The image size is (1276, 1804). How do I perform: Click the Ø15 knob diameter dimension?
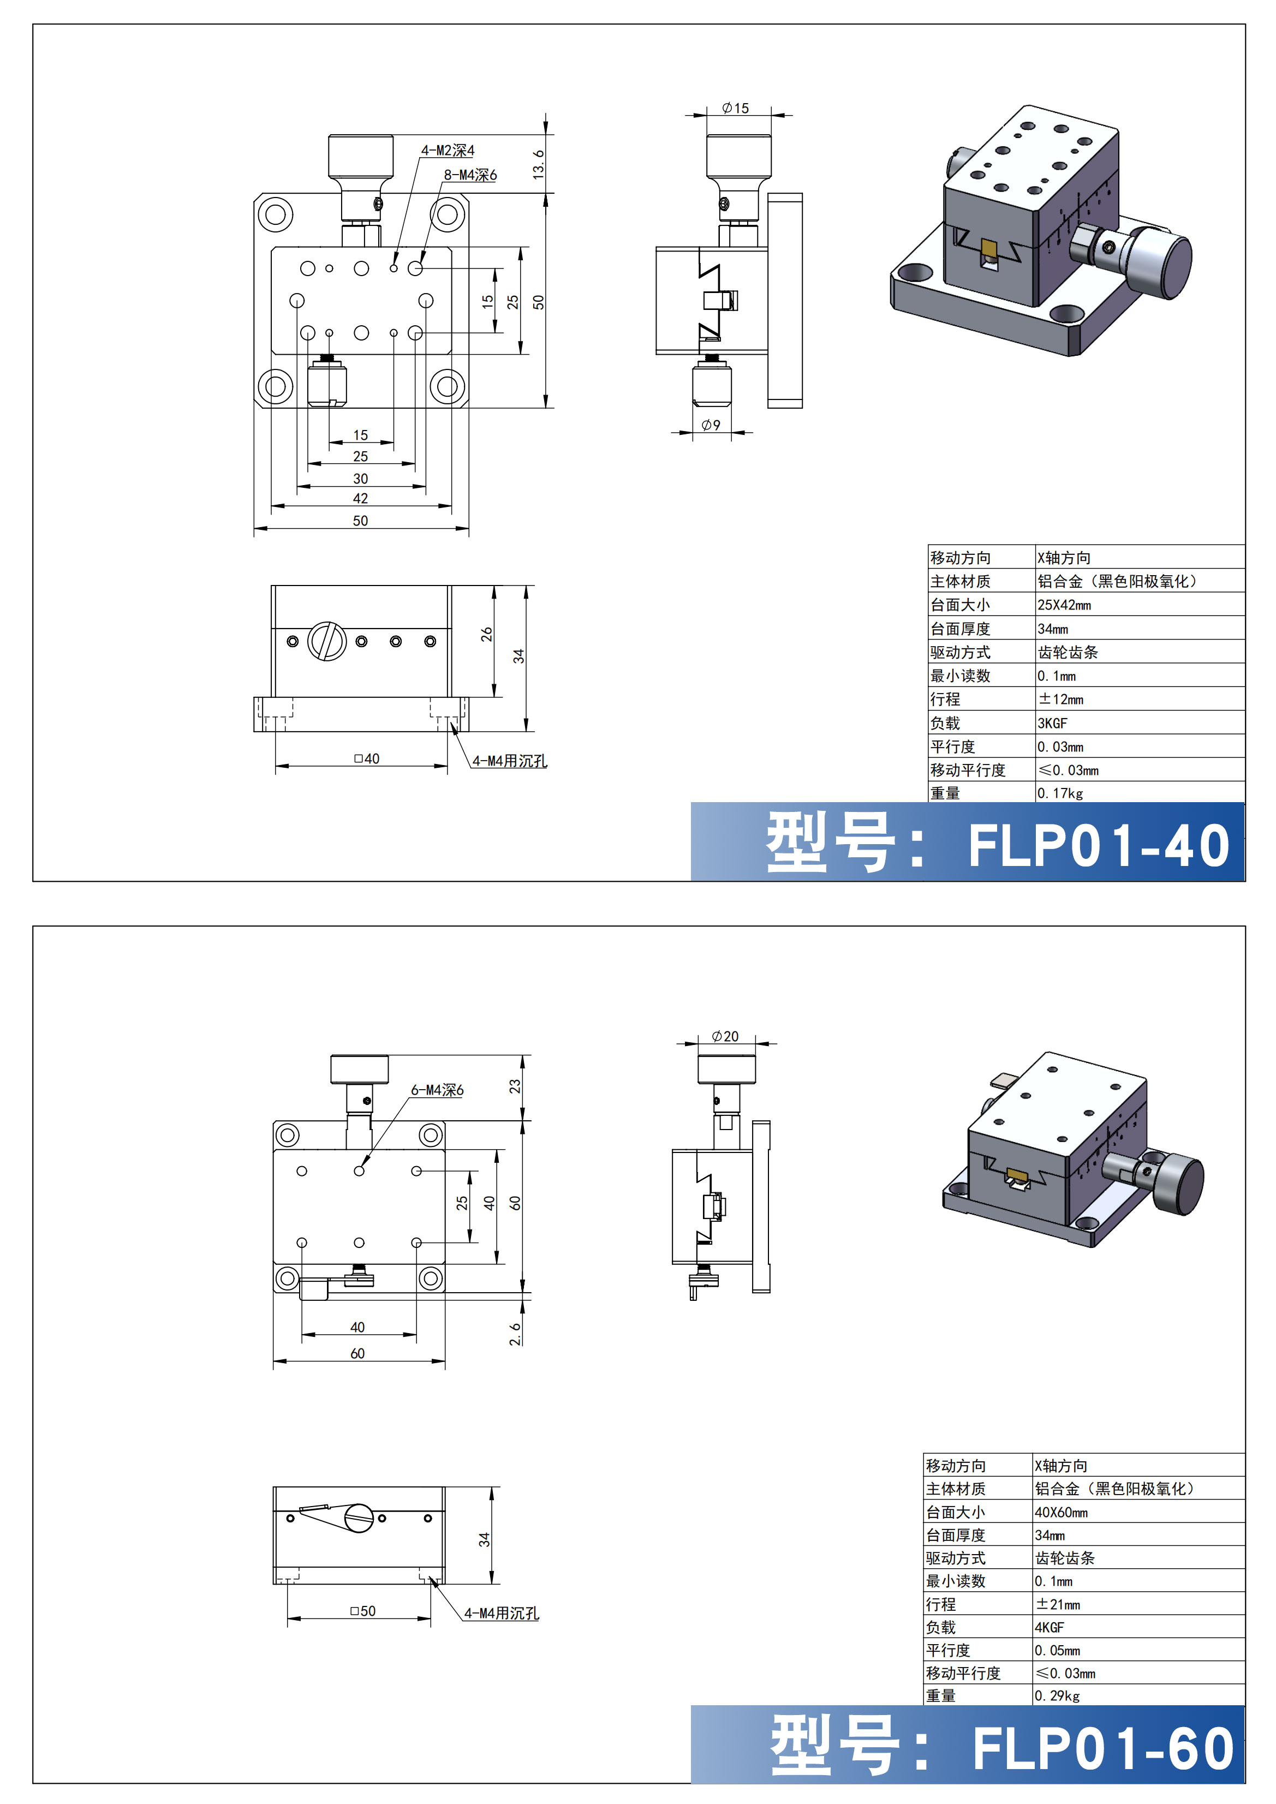pos(736,109)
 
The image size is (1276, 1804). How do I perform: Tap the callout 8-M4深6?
pos(470,175)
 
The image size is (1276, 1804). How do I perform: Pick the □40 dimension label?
pos(366,758)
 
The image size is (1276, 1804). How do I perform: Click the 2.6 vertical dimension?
pos(515,1334)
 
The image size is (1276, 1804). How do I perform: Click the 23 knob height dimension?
pos(515,1086)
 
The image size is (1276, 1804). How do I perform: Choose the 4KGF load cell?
pos(1049,1627)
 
